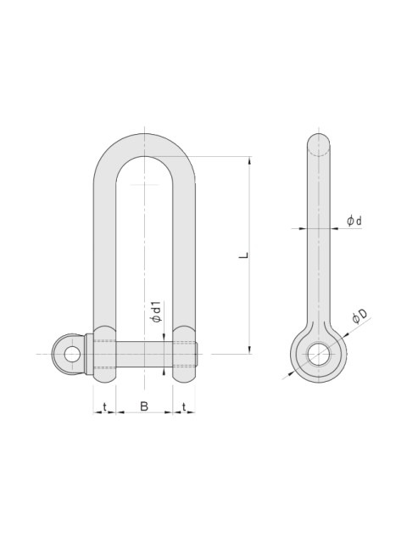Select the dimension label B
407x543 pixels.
point(144,407)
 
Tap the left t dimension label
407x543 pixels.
point(104,407)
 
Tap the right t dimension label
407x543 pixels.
point(184,407)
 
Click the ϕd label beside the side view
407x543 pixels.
point(354,221)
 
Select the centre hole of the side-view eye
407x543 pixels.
point(319,355)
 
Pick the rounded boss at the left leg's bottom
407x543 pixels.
point(103,352)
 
